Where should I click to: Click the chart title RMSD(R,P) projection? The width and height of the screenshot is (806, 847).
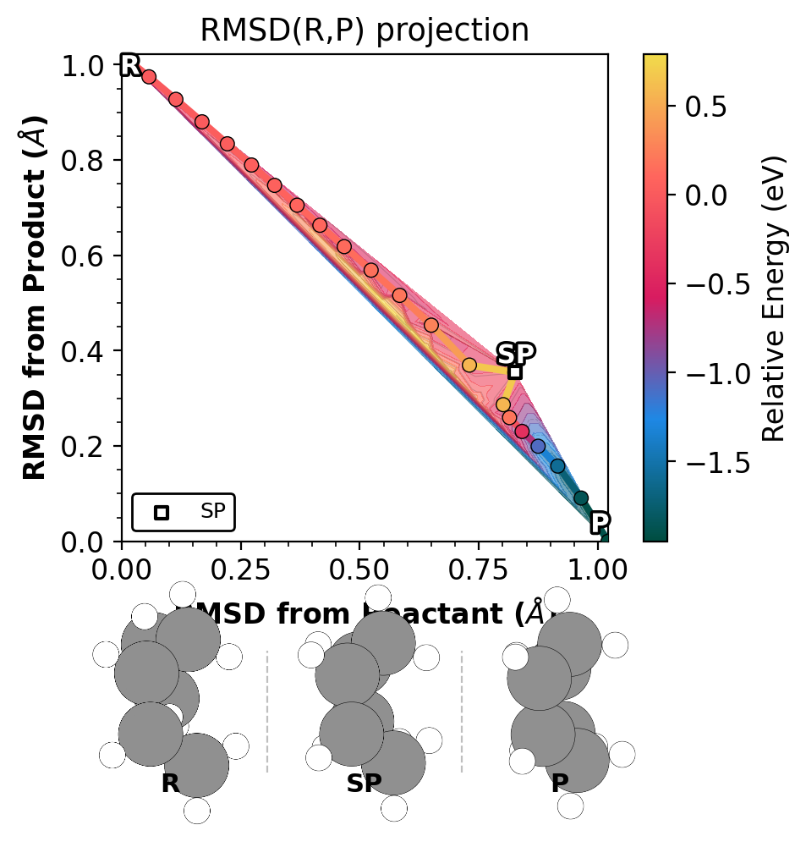coord(364,30)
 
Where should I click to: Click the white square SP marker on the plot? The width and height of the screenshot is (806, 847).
coord(514,371)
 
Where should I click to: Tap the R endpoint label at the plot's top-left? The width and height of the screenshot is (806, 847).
coord(129,65)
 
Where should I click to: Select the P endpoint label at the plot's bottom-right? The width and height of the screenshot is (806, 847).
coord(600,523)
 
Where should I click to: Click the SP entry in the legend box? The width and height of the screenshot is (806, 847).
coord(183,512)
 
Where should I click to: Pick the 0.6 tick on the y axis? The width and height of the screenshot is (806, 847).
coord(122,256)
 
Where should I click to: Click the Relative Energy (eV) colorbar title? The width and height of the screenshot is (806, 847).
coord(774,298)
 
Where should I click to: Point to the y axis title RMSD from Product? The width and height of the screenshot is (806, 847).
coord(35,298)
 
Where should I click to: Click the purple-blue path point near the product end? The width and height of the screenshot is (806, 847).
coord(538,446)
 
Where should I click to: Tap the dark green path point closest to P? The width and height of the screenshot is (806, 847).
coord(581,498)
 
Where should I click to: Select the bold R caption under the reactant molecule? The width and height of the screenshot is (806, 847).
coord(170,784)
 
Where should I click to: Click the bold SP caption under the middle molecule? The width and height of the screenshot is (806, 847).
coord(364,784)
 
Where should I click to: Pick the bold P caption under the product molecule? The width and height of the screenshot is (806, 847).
coord(559,784)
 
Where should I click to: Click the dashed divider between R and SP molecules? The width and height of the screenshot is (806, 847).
coord(267,711)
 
